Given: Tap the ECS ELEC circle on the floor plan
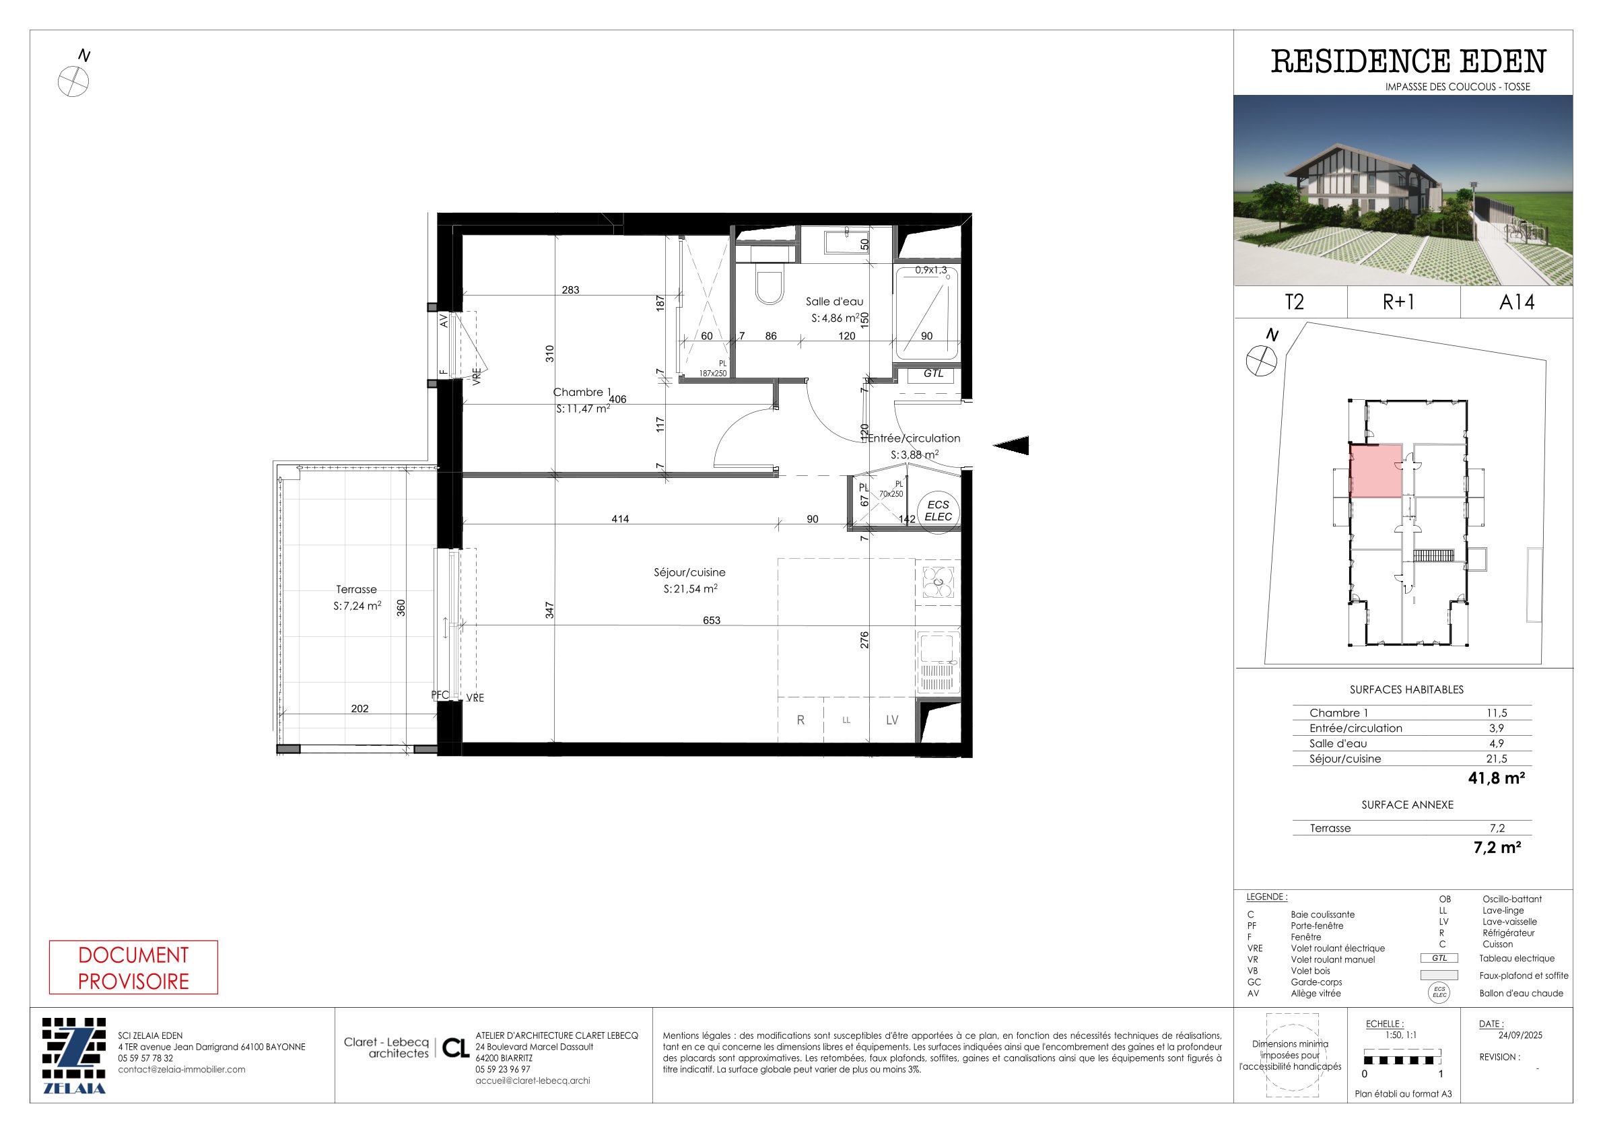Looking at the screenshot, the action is [x=938, y=511].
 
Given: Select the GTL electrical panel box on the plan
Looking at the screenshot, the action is [x=933, y=374].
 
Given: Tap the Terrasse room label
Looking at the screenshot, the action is [x=356, y=590].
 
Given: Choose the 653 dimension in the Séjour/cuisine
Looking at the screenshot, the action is [x=712, y=620].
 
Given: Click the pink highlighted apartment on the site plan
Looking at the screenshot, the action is [x=1375, y=471].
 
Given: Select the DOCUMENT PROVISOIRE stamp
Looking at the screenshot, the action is [x=133, y=967].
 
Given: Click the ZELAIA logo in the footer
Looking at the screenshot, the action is [x=74, y=1056].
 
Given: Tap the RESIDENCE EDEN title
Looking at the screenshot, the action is [x=1408, y=61].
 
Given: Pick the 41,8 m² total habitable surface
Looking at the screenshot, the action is [x=1496, y=778].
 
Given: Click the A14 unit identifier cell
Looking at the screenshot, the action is [x=1516, y=302].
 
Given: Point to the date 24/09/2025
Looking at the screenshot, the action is [x=1520, y=1035].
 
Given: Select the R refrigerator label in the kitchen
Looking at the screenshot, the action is [x=800, y=720].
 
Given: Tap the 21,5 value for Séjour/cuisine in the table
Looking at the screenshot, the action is [x=1496, y=759].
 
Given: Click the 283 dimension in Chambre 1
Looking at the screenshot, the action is [x=570, y=289].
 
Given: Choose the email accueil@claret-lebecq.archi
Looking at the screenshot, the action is [x=533, y=1080].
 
